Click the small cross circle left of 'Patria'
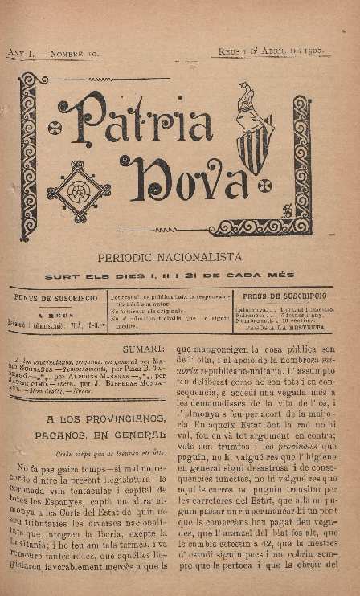click(x=55, y=128)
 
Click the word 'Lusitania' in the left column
click(x=33, y=543)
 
